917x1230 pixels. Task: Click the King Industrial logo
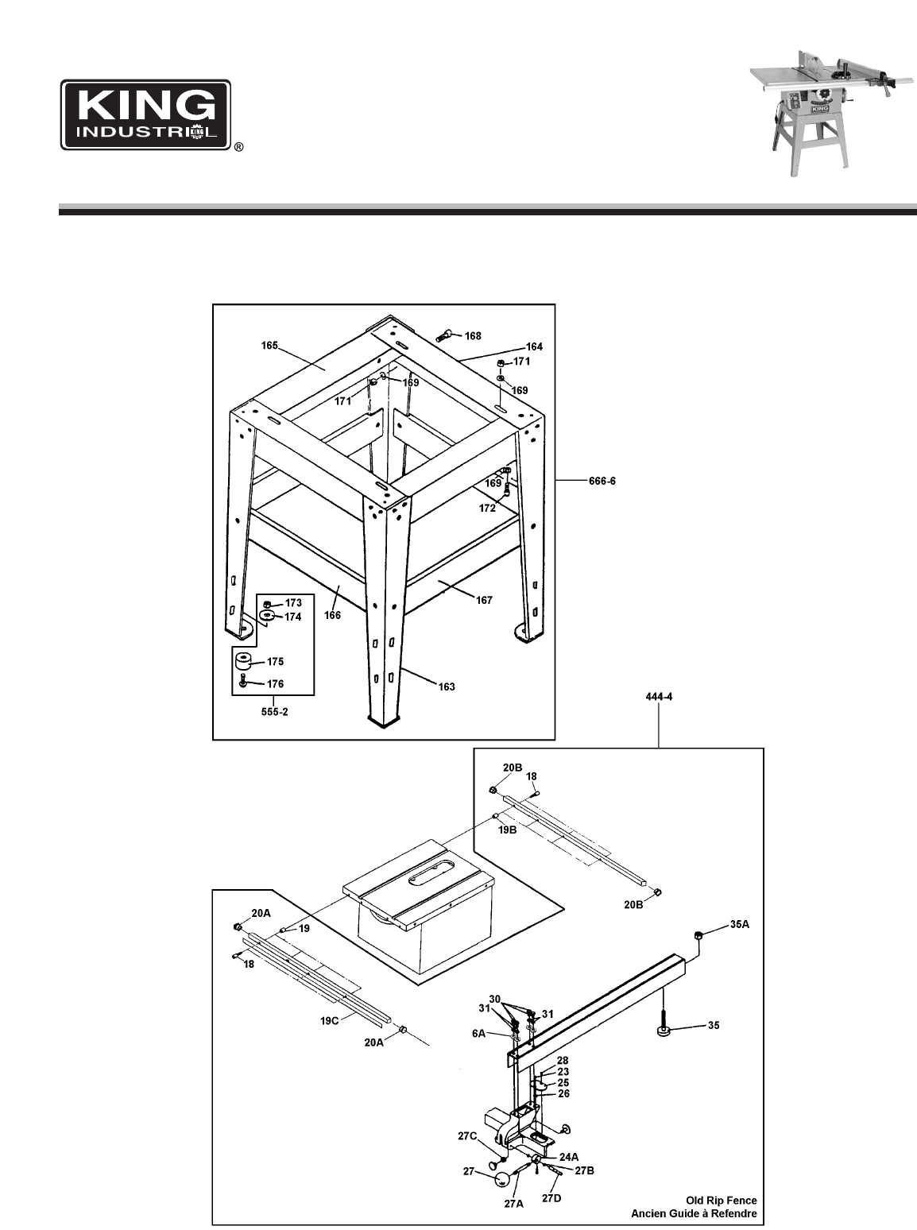[x=146, y=114]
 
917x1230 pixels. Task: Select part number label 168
[x=473, y=336]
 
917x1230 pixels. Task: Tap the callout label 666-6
[x=601, y=480]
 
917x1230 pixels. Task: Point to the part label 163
[x=446, y=687]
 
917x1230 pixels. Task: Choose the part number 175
[x=274, y=661]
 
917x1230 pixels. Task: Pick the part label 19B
[x=508, y=830]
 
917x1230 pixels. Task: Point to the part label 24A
[x=569, y=1156]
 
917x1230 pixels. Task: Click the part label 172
[x=487, y=507]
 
